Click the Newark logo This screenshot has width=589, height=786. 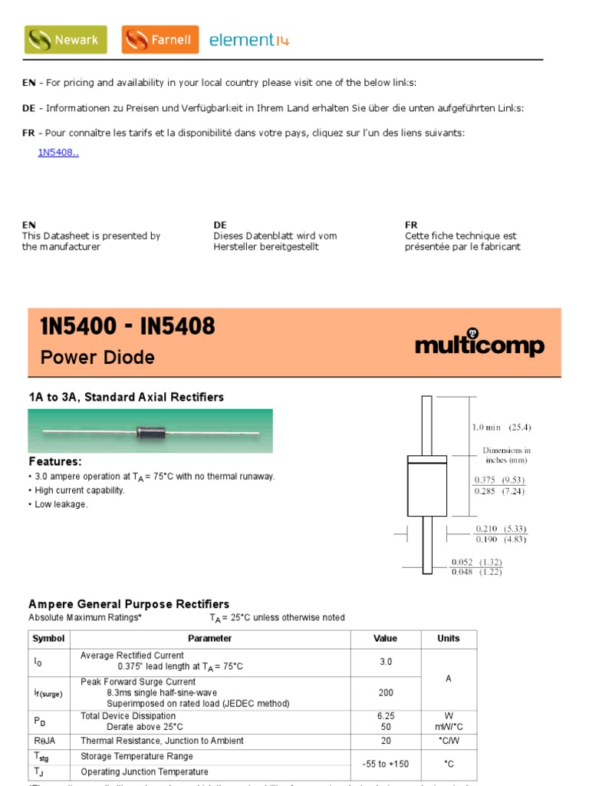tap(65, 39)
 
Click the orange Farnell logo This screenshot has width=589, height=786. tap(160, 39)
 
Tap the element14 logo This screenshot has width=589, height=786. tap(249, 40)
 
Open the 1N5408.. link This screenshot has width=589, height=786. tap(58, 152)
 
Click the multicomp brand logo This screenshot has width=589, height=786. tap(479, 345)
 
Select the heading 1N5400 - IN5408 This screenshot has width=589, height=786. tap(127, 327)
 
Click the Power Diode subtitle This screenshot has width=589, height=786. tap(97, 357)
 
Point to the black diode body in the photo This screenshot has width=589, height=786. tap(152, 431)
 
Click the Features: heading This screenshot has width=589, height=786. tap(55, 461)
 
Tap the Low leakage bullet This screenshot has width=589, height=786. tap(61, 504)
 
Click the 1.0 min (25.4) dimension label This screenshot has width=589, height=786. tap(501, 428)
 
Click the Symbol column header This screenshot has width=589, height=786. tap(48, 639)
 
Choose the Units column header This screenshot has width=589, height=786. tap(449, 639)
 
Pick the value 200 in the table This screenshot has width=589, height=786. tap(386, 692)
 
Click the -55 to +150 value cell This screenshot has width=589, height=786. tap(386, 764)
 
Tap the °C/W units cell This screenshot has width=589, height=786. tap(449, 741)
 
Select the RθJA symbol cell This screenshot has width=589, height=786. tap(45, 741)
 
